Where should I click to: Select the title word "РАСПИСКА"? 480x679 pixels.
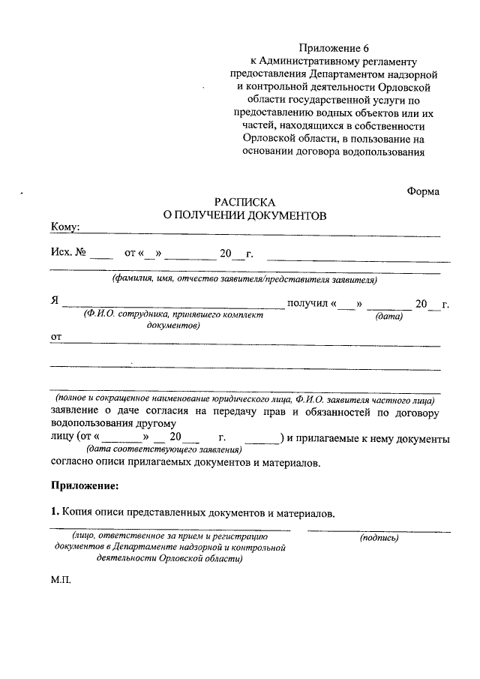[245, 202]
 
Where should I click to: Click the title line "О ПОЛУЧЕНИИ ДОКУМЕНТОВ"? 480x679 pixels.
[245, 215]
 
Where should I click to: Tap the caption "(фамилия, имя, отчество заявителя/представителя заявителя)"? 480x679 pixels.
[244, 280]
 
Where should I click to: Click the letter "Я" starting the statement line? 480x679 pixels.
[55, 303]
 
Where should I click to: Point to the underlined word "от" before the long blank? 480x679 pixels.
[55, 338]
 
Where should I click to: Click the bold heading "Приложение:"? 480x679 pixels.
[84, 486]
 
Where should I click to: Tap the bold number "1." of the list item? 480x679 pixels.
[55, 513]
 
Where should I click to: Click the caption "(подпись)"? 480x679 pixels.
[379, 537]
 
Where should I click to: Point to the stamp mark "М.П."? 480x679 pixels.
[61, 580]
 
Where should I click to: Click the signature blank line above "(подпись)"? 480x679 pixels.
[379, 530]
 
